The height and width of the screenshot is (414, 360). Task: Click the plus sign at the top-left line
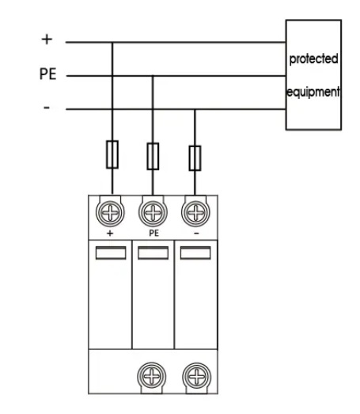[47, 40]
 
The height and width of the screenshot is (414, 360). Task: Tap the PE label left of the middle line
[47, 74]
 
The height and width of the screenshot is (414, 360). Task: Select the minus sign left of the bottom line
[47, 108]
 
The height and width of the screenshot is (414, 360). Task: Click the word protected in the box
[313, 59]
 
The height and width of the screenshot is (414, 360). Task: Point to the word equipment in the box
[313, 92]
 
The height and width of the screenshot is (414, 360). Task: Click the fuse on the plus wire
[112, 154]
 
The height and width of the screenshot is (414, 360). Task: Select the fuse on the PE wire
[153, 156]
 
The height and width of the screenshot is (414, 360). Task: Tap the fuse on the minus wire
[195, 158]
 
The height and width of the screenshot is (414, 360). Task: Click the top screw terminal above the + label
[110, 213]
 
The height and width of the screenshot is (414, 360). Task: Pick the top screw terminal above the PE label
[153, 213]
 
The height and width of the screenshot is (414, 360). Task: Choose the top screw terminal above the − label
[195, 213]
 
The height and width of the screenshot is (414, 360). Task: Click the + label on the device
[110, 234]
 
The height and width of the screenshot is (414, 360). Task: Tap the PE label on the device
[154, 234]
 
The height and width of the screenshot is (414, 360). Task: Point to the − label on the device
[196, 234]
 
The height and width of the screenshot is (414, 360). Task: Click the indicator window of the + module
[111, 253]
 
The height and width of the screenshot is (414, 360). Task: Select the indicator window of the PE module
[153, 253]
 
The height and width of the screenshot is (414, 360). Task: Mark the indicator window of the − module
[195, 253]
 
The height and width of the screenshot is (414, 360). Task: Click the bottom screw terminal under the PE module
[151, 376]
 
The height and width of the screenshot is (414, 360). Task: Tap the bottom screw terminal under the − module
[197, 376]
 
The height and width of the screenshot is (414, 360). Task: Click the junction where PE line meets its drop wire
[153, 76]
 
